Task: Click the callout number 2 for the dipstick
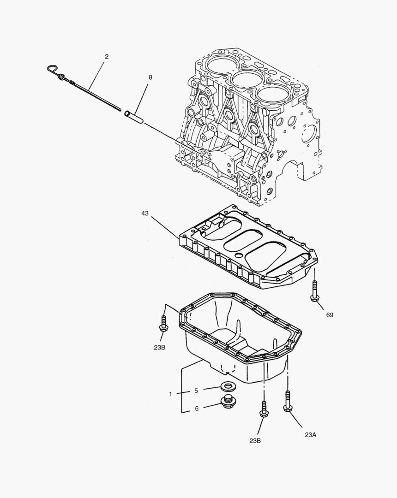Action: (107, 57)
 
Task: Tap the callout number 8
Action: (150, 77)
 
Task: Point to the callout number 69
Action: (329, 315)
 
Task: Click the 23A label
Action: (310, 434)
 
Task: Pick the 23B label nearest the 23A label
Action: (255, 441)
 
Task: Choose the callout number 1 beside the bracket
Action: (170, 394)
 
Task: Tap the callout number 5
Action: (196, 391)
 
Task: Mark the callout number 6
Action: (196, 409)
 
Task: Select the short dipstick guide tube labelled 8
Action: (134, 116)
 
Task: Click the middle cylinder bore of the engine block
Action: (245, 78)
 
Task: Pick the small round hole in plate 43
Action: (239, 255)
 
